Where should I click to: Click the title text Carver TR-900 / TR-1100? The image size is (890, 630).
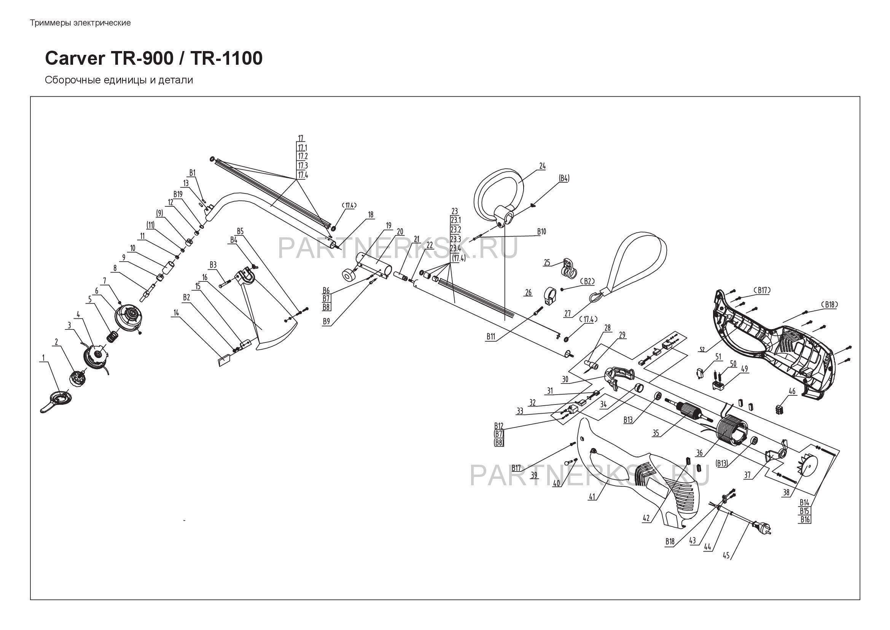click(153, 59)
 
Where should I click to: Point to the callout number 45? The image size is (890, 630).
click(726, 555)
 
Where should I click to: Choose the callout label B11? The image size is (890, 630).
click(491, 337)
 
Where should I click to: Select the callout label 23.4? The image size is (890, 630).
click(455, 248)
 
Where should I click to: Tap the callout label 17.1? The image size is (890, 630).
click(302, 147)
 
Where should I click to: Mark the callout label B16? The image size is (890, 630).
click(805, 519)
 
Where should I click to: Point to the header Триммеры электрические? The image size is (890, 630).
click(80, 23)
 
